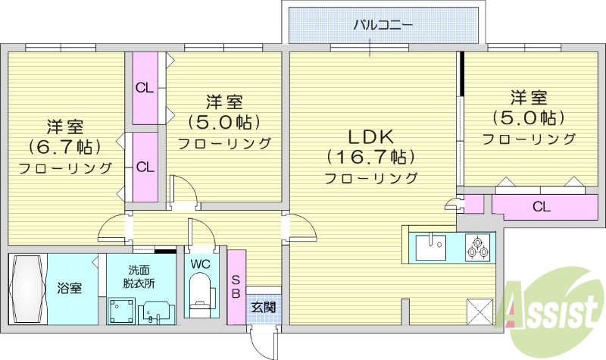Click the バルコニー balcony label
[x=383, y=24]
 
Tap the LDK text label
[x=370, y=137]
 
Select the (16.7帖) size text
[x=370, y=158]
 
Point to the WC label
[x=200, y=265]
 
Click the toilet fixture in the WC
[x=201, y=295]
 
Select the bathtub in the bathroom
[x=28, y=289]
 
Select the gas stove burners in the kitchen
[x=477, y=246]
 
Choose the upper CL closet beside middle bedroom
[x=145, y=88]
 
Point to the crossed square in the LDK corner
[x=479, y=311]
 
